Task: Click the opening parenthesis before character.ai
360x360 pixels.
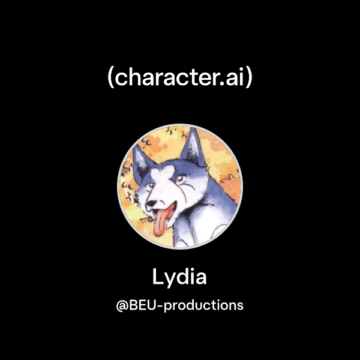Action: [x=111, y=79]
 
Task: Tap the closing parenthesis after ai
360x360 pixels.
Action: [x=248, y=79]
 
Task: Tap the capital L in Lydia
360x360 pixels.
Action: [x=157, y=277]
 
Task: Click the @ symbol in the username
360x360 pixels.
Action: [x=122, y=305]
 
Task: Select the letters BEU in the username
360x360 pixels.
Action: [x=142, y=305]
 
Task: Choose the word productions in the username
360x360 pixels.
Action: [x=203, y=305]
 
